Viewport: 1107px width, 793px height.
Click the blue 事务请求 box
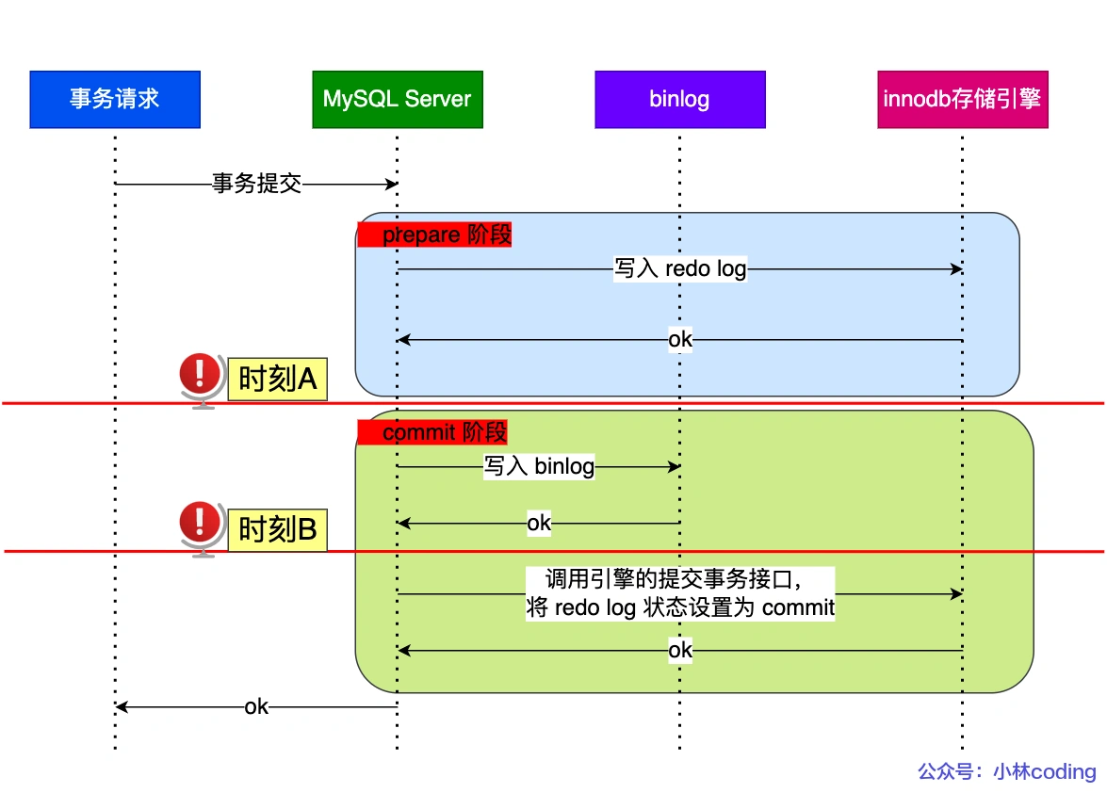pos(115,99)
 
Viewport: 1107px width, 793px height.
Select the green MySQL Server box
pos(397,99)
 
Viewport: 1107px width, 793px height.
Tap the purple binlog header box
pos(679,99)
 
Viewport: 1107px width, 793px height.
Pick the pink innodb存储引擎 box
pos(962,99)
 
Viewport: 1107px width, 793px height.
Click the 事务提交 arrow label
pos(256,184)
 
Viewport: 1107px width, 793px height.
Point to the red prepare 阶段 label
pos(434,235)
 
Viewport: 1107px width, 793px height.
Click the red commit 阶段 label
pos(432,432)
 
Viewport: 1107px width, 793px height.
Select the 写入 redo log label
pos(679,269)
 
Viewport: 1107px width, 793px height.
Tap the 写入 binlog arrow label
pos(539,466)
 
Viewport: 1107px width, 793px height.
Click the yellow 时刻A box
pos(277,380)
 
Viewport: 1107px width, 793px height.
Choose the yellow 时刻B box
pos(277,529)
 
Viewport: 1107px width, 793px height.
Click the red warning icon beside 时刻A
pos(199,375)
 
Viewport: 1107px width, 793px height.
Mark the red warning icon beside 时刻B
pos(199,524)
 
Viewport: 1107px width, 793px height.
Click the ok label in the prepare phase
pos(679,339)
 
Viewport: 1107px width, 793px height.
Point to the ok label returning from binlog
pos(539,523)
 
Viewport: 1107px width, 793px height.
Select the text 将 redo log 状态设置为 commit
pos(680,607)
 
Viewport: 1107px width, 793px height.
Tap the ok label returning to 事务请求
pos(256,706)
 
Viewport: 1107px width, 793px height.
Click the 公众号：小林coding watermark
pos(1006,771)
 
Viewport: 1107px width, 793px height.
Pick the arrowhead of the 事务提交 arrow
pos(392,184)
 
